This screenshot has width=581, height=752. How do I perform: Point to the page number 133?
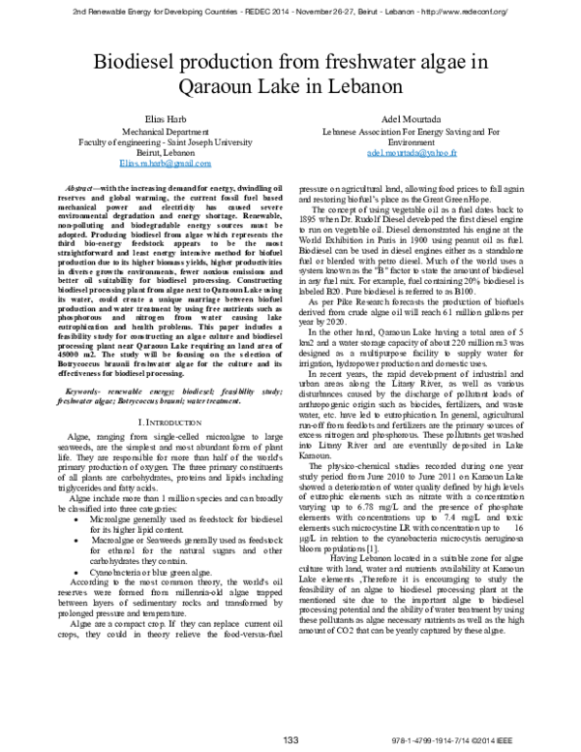[x=290, y=741]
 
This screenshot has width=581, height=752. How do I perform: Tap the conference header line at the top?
[x=290, y=9]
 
